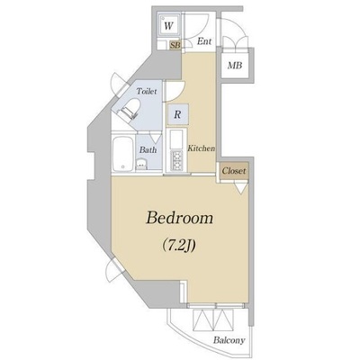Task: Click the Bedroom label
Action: point(179,219)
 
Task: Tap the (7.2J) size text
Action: point(179,246)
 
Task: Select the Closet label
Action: point(234,171)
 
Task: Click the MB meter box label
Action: point(235,65)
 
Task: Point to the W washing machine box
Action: point(169,26)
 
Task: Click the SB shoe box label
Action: point(175,45)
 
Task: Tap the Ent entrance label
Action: point(204,41)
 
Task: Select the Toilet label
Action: point(147,91)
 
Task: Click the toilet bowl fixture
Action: point(130,109)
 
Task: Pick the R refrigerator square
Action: point(178,114)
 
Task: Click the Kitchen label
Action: point(202,148)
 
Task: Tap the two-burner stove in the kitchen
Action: point(176,160)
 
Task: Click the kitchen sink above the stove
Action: point(176,139)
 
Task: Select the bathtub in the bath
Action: point(123,155)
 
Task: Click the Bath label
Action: point(148,149)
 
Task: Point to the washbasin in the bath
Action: point(140,165)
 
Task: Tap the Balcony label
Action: point(229,340)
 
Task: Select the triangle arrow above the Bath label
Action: point(156,138)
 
